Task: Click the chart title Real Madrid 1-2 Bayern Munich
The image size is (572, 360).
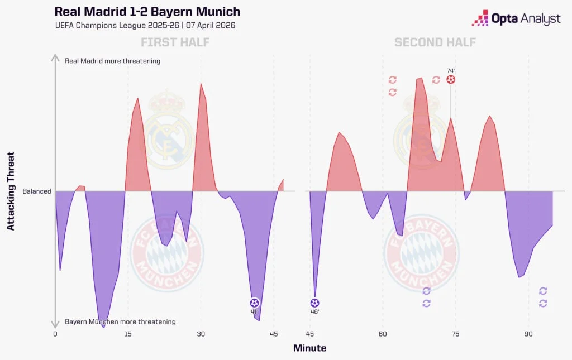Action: [x=147, y=12]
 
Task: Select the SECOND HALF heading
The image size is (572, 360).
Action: [x=435, y=42]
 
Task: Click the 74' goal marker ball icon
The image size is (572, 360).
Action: [x=451, y=80]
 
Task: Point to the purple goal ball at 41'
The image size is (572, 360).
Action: [x=255, y=303]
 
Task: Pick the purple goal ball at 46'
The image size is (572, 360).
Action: [x=314, y=303]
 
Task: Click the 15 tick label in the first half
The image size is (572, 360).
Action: [x=128, y=334]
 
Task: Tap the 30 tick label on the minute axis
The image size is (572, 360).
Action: [x=201, y=334]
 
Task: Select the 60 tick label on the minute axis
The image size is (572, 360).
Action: [x=383, y=334]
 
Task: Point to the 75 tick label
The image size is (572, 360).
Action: [x=455, y=334]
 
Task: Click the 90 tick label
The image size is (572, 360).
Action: [x=528, y=334]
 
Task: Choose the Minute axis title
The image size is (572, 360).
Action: [x=310, y=348]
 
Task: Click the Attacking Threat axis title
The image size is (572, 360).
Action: [x=11, y=191]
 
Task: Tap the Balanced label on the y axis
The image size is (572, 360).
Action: [x=37, y=191]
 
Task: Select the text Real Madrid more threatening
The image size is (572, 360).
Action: [x=112, y=61]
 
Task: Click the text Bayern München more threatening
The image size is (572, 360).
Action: [x=120, y=321]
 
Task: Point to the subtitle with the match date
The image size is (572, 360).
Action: [x=145, y=26]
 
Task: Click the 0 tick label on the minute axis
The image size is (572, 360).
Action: [x=55, y=334]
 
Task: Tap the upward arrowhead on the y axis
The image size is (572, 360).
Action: [x=55, y=56]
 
